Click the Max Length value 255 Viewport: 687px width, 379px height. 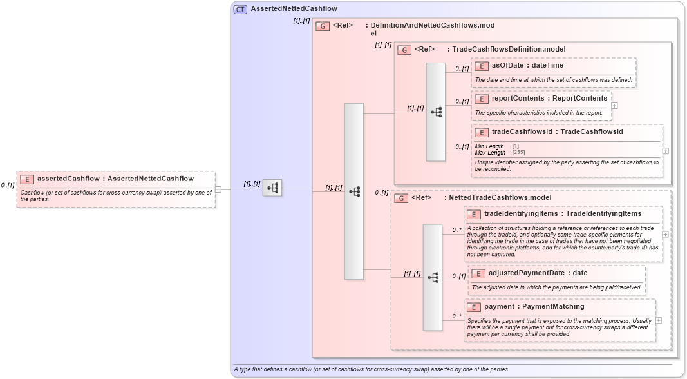(518, 153)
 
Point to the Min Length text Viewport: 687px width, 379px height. (489, 146)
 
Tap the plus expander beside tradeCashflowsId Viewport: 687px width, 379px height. (665, 151)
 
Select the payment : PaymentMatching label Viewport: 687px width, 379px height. (525, 306)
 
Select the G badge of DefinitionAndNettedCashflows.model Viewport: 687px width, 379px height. (323, 26)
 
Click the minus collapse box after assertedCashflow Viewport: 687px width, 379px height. (218, 189)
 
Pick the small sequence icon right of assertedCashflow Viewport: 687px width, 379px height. (272, 188)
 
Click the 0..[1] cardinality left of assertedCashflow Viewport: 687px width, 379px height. (8, 186)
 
